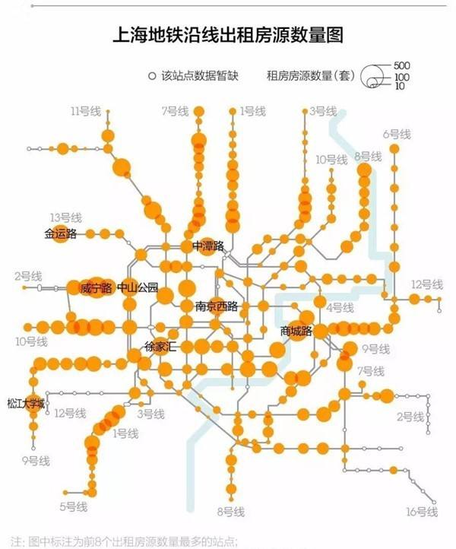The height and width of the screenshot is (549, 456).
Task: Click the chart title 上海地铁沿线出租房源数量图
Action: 228,35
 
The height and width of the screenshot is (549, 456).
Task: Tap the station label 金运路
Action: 61,234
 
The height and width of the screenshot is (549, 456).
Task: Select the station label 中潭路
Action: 208,246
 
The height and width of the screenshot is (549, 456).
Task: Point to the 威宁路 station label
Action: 96,288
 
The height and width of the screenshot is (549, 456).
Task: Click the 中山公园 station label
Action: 138,288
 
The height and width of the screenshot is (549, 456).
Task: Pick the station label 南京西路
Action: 211,306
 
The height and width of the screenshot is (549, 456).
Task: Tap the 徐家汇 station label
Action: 160,347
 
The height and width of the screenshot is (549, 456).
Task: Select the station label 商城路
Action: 296,331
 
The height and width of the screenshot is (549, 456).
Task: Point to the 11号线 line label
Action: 85,112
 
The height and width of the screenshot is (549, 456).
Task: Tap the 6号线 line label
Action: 397,134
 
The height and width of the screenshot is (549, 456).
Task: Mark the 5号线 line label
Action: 73,506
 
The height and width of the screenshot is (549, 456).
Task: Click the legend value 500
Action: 402,66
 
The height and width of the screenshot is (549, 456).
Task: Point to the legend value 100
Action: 402,77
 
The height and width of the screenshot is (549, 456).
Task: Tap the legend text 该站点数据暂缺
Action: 198,75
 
